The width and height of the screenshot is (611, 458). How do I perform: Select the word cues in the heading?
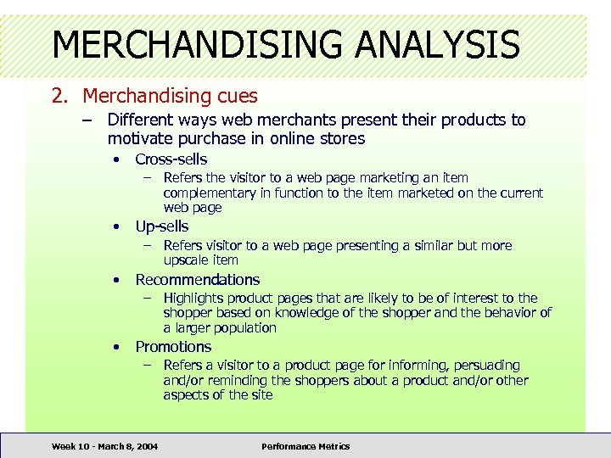236,97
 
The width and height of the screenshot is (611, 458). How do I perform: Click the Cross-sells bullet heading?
171,159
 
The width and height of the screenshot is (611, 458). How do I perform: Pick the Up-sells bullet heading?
162,226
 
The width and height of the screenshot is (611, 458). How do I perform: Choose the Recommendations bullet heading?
198,279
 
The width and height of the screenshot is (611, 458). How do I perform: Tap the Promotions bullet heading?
173,346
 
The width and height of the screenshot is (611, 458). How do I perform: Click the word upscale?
188,260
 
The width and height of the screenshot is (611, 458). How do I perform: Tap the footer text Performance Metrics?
305,446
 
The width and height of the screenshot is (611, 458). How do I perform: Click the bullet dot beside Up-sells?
117,226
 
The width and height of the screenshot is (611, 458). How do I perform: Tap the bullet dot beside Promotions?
117,346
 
